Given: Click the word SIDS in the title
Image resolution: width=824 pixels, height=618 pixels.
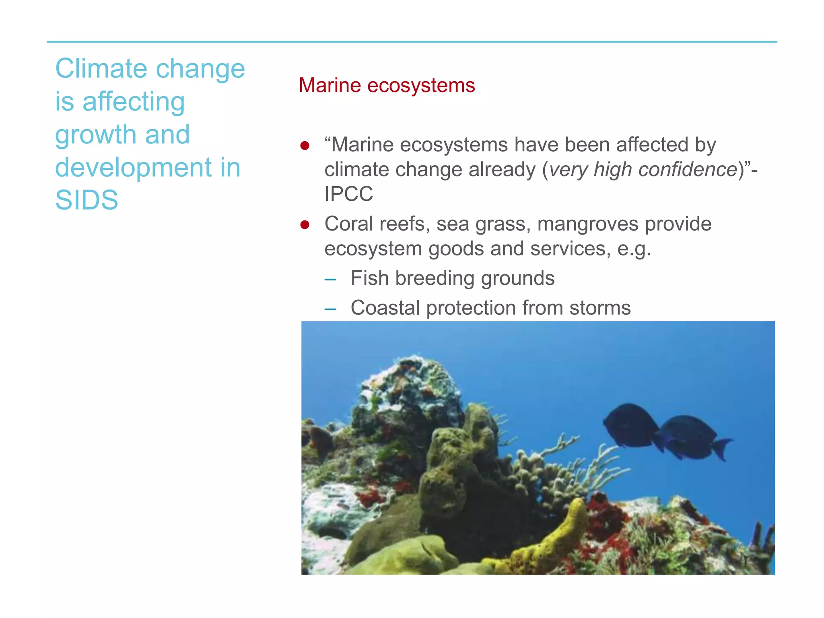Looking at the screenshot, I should point(87,200).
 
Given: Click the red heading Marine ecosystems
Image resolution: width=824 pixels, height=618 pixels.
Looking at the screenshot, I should point(387,85).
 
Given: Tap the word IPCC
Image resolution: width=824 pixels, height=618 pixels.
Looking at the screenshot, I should point(349,194).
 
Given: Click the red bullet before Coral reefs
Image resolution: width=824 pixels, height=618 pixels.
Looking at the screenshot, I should point(305,225).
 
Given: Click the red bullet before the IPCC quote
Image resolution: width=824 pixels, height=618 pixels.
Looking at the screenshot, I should point(305,145).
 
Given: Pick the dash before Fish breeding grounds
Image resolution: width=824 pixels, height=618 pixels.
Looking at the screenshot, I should point(330,279).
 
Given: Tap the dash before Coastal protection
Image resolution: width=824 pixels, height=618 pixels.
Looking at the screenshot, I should point(330,309).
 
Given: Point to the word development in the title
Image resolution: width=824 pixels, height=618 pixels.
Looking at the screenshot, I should point(133,167).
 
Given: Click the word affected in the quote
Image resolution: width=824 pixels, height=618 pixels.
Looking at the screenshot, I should point(652,145).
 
